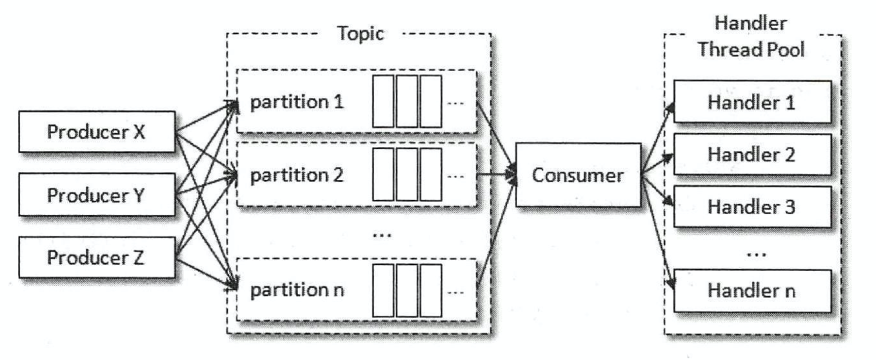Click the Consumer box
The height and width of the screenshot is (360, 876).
(x=577, y=175)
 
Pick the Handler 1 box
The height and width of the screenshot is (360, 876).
(x=752, y=102)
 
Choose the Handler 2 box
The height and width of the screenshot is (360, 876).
(x=752, y=155)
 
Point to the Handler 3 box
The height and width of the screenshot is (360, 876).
(x=752, y=208)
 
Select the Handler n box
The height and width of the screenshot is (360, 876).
(x=752, y=290)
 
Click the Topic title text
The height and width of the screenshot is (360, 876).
(x=361, y=34)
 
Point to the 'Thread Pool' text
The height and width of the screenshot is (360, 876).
(x=752, y=50)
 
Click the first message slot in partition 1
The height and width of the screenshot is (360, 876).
(x=383, y=101)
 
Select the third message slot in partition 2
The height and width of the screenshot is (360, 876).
(x=430, y=174)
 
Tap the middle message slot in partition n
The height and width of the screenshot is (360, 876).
(x=407, y=290)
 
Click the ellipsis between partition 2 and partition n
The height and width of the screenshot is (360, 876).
(x=383, y=233)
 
